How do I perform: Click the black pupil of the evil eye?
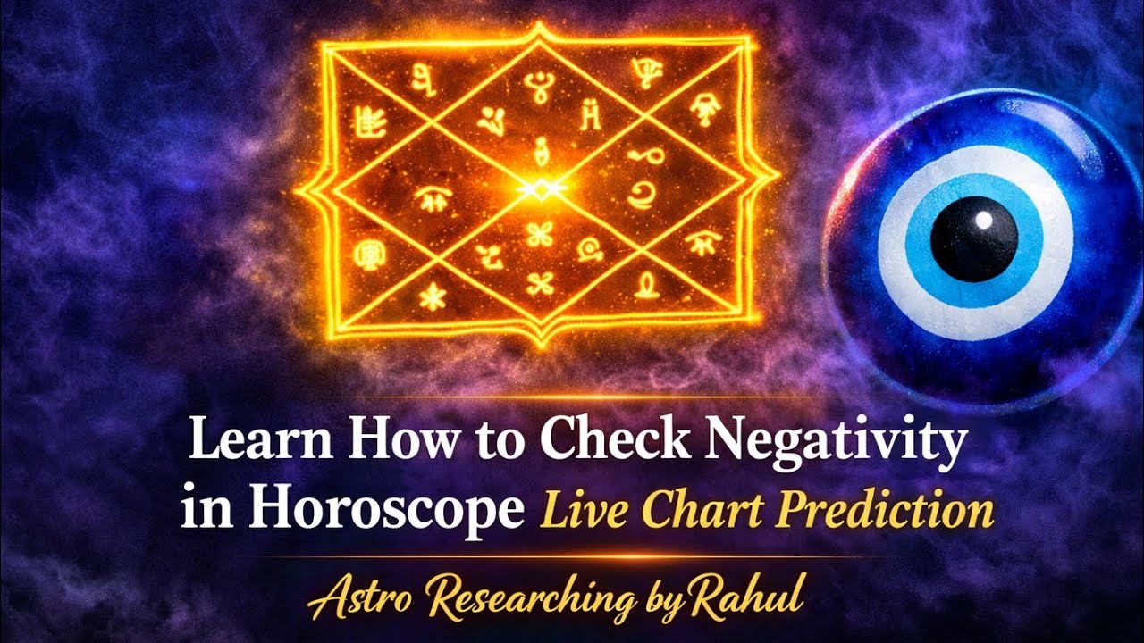click(973, 239)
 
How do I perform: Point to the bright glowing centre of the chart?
click(540, 188)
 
